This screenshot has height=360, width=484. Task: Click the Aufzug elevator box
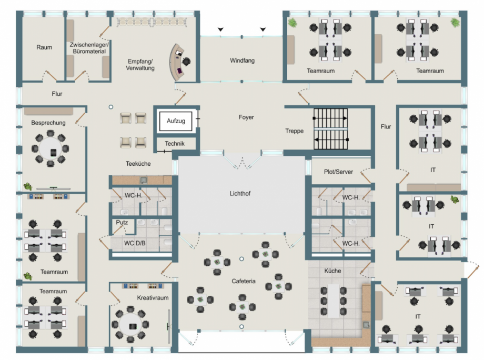point(176,121)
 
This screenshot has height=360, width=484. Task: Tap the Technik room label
point(175,144)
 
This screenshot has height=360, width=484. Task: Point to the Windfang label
point(243,61)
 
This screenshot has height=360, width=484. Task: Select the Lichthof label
point(240,194)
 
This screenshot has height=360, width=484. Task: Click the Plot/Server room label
point(338,172)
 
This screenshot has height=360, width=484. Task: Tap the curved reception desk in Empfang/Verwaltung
point(176,62)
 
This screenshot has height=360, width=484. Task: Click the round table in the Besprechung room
point(51,148)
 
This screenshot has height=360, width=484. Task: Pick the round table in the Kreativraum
point(130,325)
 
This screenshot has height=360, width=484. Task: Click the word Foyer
point(246,117)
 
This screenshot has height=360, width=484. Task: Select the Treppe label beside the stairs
point(295,131)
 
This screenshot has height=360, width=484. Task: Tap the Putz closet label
point(122,222)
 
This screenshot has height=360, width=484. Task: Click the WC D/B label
point(135,243)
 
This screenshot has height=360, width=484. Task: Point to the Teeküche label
point(138,164)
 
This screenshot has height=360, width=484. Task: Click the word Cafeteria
point(244,281)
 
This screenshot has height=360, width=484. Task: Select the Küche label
point(332,271)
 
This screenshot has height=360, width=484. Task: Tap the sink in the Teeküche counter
point(144,179)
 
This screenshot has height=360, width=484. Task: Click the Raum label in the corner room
point(44,47)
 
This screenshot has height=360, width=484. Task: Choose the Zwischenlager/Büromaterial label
point(89,48)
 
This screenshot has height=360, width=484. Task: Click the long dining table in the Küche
point(334,301)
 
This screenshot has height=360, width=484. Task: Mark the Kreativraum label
point(153,298)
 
